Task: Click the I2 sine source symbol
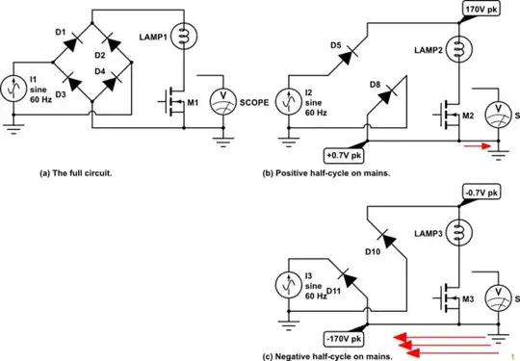click(x=291, y=98)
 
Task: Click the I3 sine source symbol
click(x=291, y=286)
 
